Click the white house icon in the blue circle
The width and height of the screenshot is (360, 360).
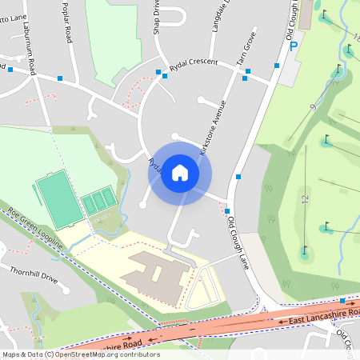pos(180,173)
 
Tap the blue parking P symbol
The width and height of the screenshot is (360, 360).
pos(294,46)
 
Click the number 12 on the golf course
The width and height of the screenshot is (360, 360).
pos(304,198)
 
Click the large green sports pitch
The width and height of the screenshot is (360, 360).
pos(58,198)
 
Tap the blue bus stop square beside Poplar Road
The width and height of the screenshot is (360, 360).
pos(60,78)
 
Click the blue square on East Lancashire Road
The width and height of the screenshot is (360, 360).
pos(342,301)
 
